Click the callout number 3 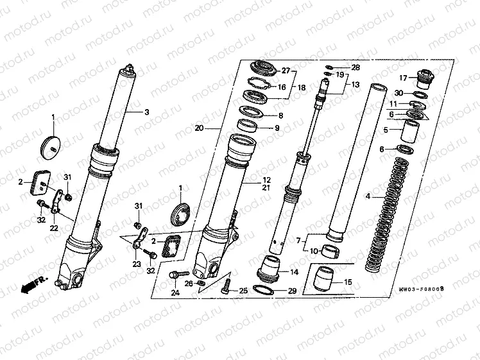(x=146, y=112)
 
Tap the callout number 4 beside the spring (x=368, y=195)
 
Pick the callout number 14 (x=294, y=272)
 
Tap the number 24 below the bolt (x=175, y=293)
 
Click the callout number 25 (x=243, y=291)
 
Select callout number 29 (x=292, y=291)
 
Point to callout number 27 (x=286, y=71)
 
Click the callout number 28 (x=356, y=67)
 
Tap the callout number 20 (x=199, y=128)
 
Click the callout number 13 (x=356, y=85)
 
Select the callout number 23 (x=136, y=263)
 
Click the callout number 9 (x=277, y=128)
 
